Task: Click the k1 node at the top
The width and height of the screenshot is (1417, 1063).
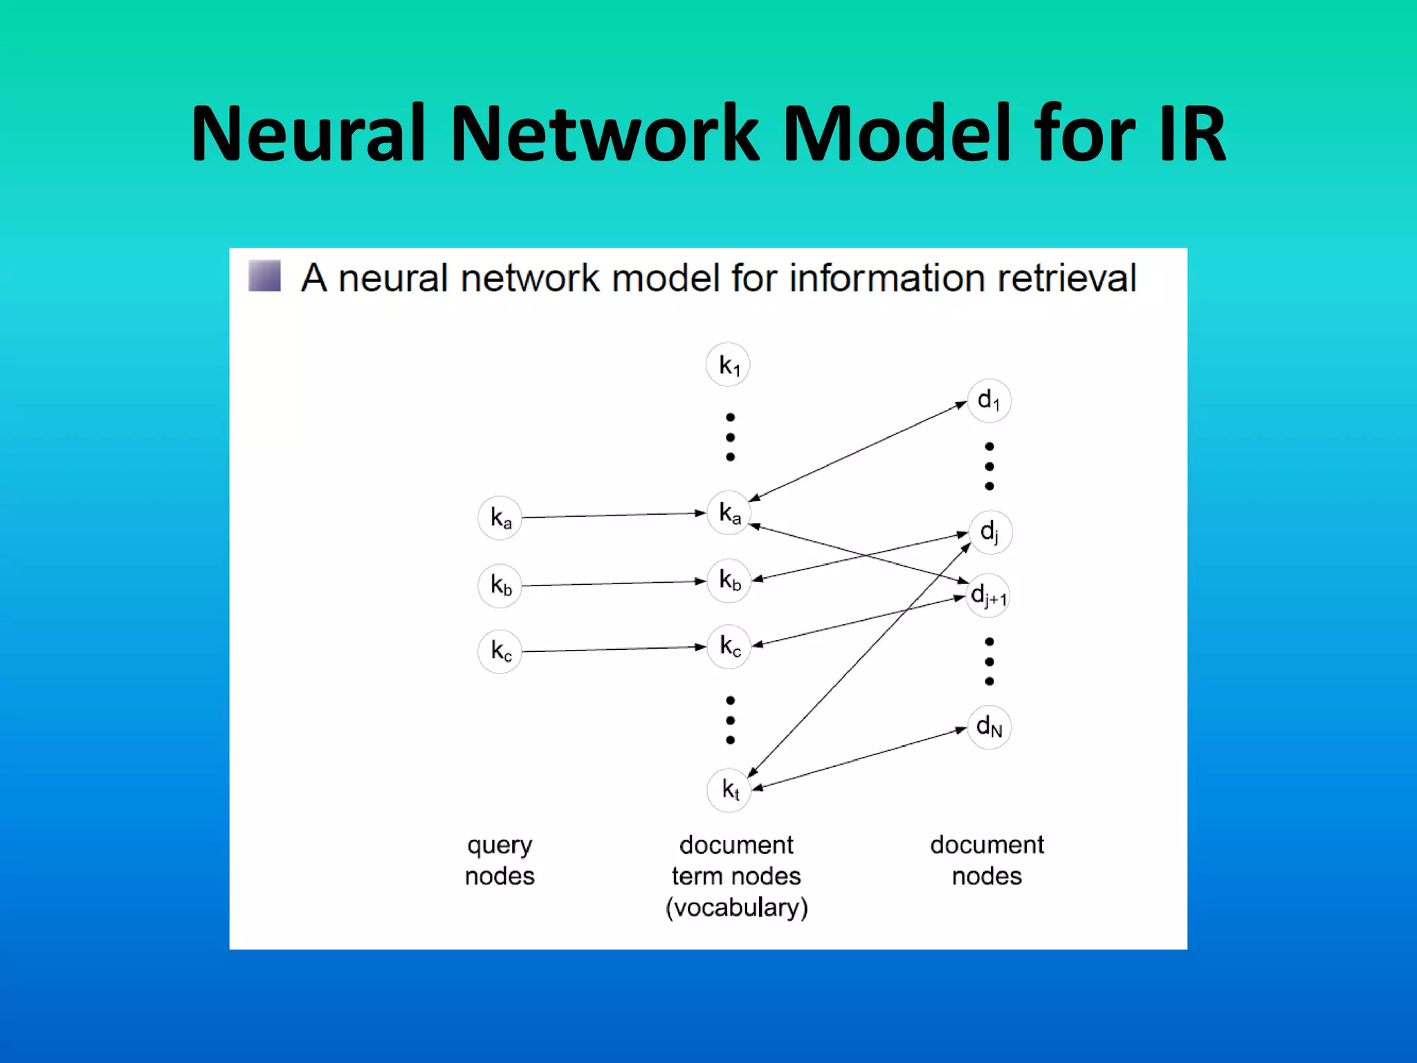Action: pyautogui.click(x=728, y=365)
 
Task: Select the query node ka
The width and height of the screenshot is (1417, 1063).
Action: pyautogui.click(x=500, y=518)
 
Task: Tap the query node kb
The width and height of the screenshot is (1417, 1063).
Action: pyautogui.click(x=500, y=585)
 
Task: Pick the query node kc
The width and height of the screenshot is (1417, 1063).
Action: pyautogui.click(x=500, y=651)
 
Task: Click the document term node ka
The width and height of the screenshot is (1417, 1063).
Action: pyautogui.click(x=729, y=513)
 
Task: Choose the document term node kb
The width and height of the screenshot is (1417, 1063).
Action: pyautogui.click(x=729, y=580)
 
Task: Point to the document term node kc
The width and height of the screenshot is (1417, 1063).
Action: pyautogui.click(x=729, y=646)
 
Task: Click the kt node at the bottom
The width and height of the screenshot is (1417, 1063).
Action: pyautogui.click(x=729, y=789)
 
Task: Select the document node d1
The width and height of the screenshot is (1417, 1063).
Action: pyautogui.click(x=989, y=400)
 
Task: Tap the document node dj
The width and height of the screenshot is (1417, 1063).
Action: pyautogui.click(x=989, y=531)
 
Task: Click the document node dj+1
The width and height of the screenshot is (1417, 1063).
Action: pyautogui.click(x=989, y=595)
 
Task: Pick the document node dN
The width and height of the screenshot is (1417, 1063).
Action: pyautogui.click(x=989, y=727)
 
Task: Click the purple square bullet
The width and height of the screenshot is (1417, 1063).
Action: pyautogui.click(x=264, y=276)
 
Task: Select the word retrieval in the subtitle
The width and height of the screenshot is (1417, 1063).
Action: pyautogui.click(x=1067, y=278)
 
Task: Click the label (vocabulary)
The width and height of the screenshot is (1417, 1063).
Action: pyautogui.click(x=736, y=907)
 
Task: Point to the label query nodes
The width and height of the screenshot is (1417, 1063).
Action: pyautogui.click(x=500, y=860)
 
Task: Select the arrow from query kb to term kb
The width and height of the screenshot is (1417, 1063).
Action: pyautogui.click(x=613, y=583)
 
